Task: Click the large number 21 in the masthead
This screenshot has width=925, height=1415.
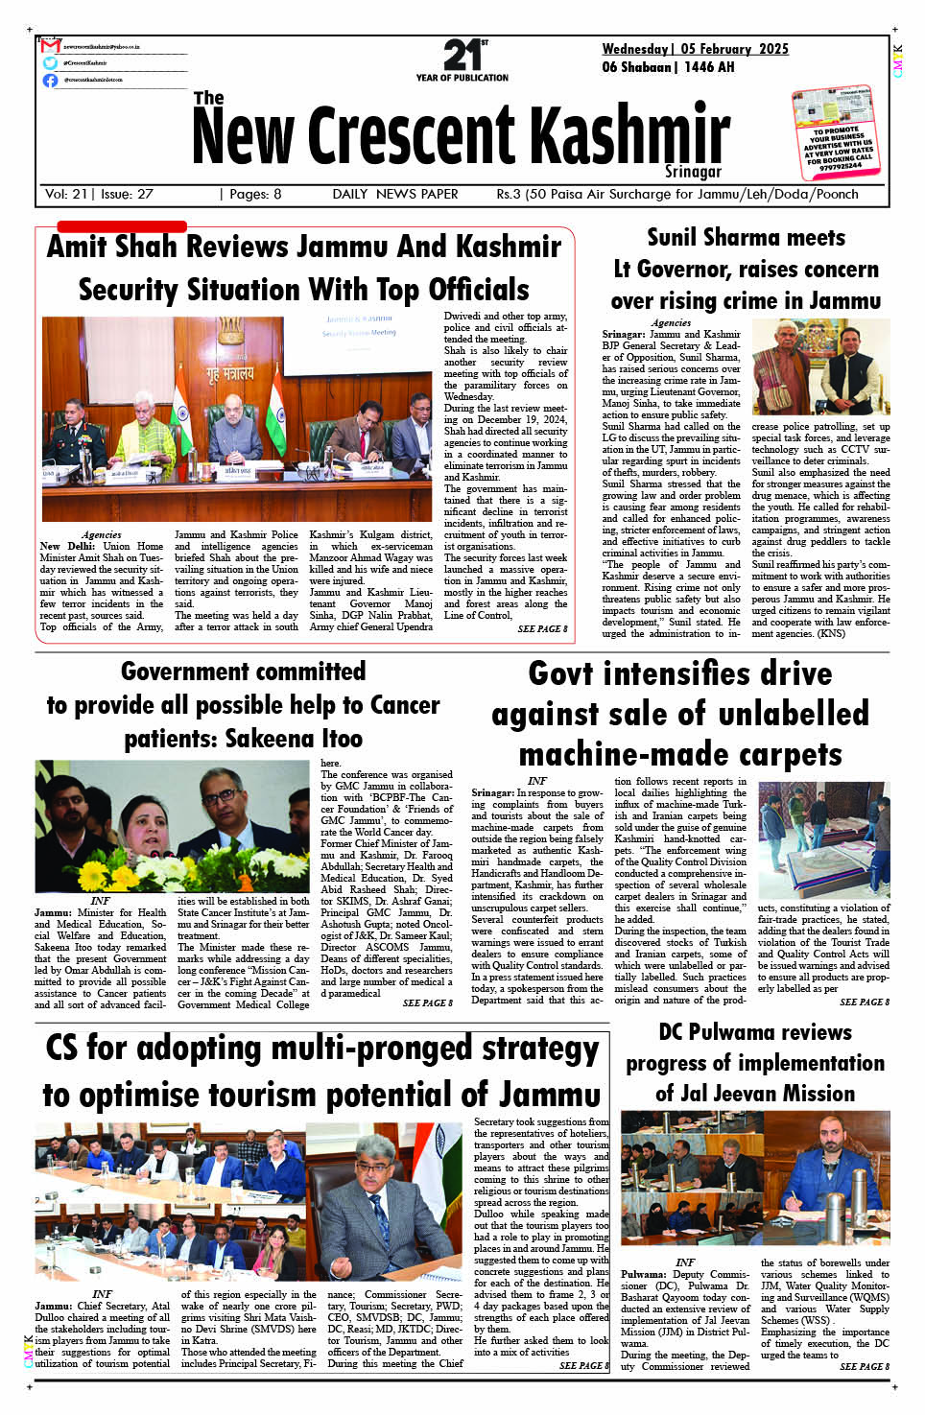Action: tap(462, 55)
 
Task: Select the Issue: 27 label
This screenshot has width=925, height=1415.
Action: tap(126, 194)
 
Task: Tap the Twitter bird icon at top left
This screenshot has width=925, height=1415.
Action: tap(50, 62)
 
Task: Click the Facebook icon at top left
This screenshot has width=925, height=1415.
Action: tap(50, 80)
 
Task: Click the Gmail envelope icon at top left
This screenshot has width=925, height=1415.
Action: tap(50, 45)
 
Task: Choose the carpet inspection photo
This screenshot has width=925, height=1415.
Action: tap(823, 840)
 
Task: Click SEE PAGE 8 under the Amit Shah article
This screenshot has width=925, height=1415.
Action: tap(542, 629)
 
